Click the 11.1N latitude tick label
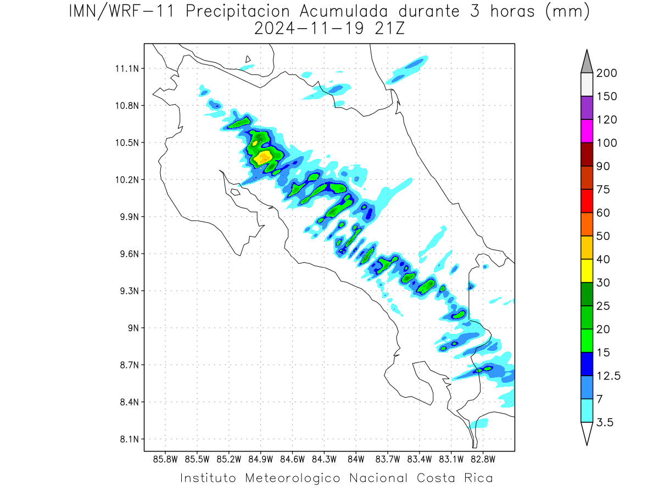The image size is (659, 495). coord(127,69)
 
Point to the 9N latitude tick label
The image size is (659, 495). coord(133,328)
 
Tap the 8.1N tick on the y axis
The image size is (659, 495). coord(129,439)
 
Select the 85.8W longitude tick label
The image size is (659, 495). coord(165,460)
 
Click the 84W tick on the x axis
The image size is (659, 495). coord(356,460)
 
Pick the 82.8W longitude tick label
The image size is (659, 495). coord(483,460)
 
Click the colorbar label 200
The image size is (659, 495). coord(606,73)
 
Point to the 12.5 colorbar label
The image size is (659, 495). coord(608,376)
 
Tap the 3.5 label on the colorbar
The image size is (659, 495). coord(605,422)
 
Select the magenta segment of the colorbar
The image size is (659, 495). coord(587,131)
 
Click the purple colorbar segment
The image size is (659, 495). coord(587,108)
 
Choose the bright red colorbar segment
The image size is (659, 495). coord(587,201)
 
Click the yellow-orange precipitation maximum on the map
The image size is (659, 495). coord(263,157)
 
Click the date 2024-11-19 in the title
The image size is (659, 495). coord(309,29)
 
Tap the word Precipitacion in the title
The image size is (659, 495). coord(237,12)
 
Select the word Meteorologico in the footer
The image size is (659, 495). coord(293,479)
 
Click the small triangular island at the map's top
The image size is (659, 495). coord(248,59)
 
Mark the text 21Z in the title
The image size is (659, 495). coord(390,29)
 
